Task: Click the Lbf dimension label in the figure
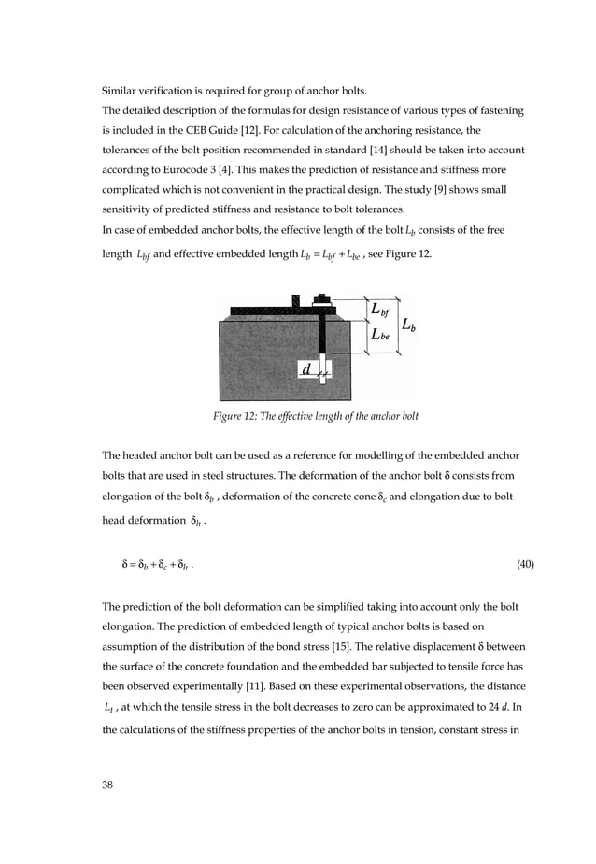(x=380, y=310)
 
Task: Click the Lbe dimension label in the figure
(x=380, y=338)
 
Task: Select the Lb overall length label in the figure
(x=409, y=325)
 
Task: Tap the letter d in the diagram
(x=305, y=370)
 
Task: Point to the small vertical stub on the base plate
(x=295, y=302)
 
